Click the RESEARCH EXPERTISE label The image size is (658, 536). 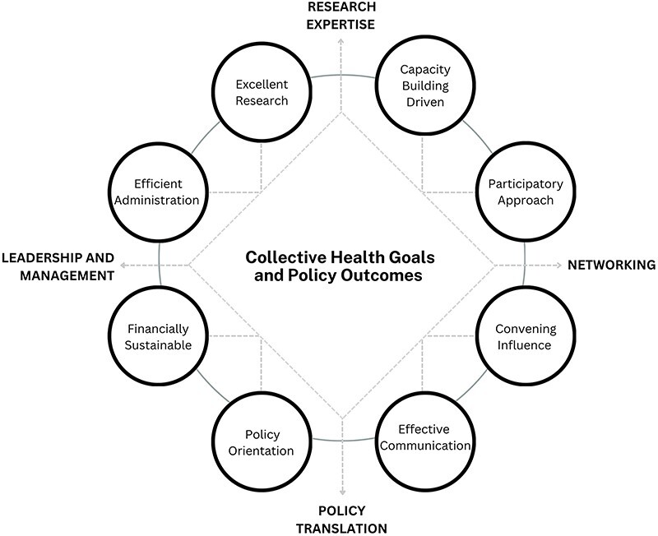(x=341, y=16)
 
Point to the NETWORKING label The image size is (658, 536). (x=611, y=265)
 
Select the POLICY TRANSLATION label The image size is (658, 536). (x=341, y=520)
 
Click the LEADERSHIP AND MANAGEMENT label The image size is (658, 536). (x=58, y=266)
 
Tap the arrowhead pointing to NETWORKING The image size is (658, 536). (x=558, y=265)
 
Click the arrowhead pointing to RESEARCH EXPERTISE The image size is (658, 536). (x=341, y=40)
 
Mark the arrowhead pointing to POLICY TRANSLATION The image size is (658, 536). (x=342, y=492)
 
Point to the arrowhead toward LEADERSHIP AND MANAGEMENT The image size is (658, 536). (x=123, y=265)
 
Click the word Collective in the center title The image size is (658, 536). (x=285, y=257)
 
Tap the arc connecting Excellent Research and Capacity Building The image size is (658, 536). (x=343, y=76)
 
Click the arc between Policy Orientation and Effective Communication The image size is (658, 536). (x=343, y=440)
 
